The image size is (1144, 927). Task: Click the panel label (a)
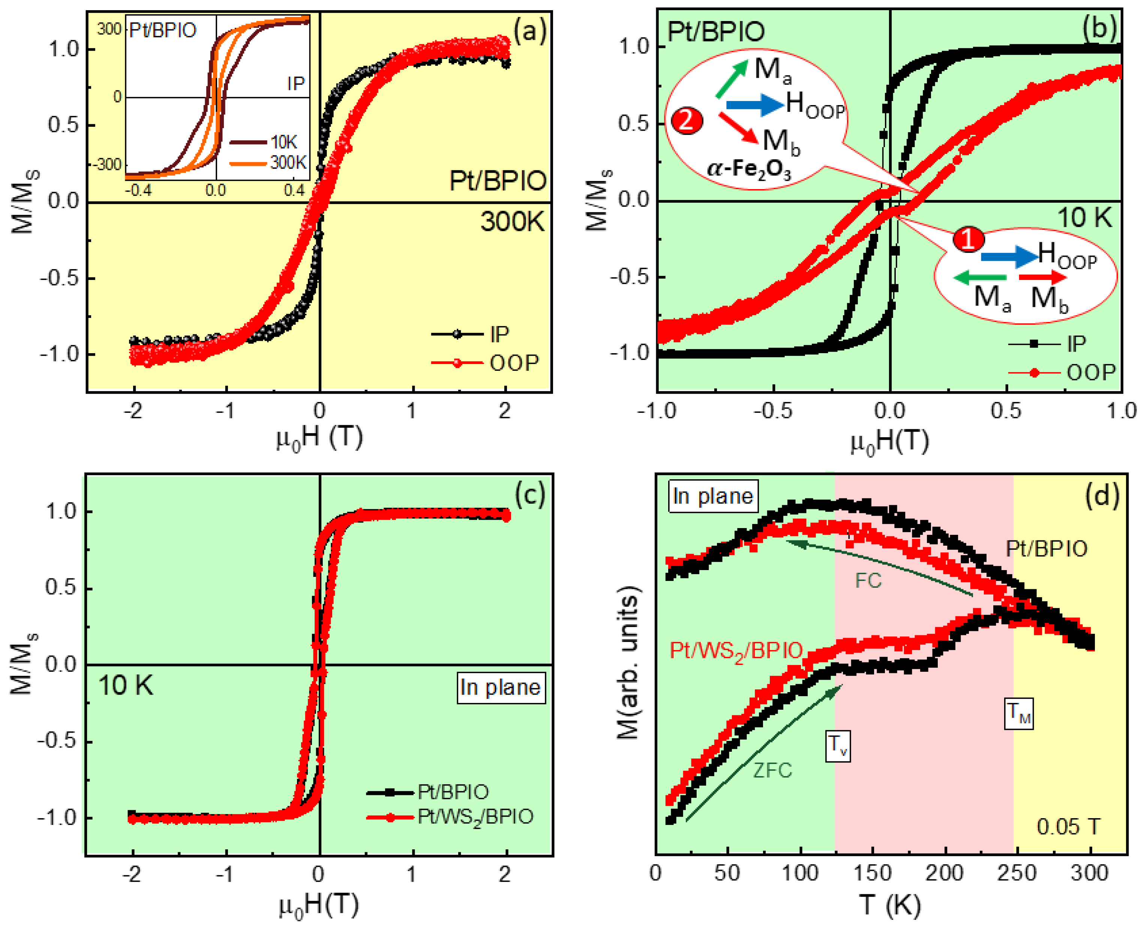click(530, 31)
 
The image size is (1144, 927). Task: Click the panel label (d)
click(1102, 496)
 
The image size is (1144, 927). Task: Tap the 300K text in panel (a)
click(512, 221)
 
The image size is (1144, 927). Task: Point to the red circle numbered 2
click(687, 120)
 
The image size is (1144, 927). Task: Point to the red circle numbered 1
click(969, 239)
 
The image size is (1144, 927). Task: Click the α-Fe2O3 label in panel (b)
click(749, 169)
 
